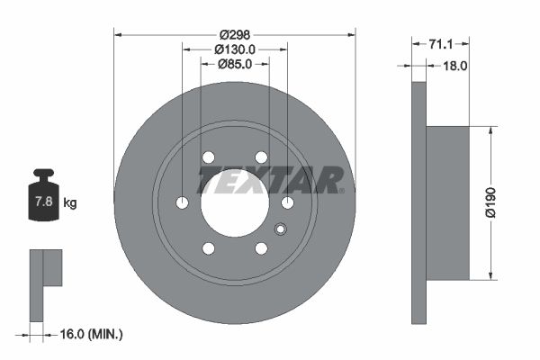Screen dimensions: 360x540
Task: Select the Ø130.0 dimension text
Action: pos(237,49)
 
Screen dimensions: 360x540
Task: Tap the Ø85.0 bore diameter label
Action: pos(235,64)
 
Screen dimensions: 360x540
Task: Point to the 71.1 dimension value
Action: pos(441,43)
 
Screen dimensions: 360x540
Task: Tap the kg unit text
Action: pos(69,203)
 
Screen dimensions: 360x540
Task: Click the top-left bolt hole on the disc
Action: pos(209,157)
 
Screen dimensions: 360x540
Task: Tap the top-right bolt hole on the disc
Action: pos(261,157)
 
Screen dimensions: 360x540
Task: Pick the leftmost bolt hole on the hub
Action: pos(183,203)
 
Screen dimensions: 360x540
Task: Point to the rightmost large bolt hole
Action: pos(288,203)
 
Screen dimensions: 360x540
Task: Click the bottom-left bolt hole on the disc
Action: pos(209,248)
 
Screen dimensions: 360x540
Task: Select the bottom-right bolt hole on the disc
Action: pos(261,248)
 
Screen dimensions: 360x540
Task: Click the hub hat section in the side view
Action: pos(447,202)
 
